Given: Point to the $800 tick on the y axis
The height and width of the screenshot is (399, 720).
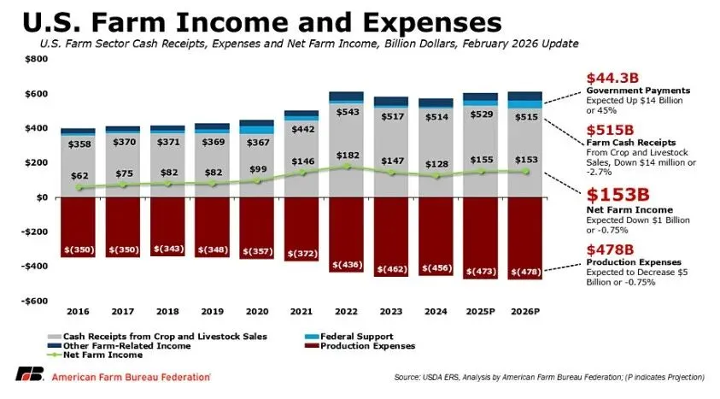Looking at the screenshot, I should [36, 59].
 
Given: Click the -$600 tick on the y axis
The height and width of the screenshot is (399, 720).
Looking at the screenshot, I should [34, 302].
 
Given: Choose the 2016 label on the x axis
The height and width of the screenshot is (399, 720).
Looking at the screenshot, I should [78, 313].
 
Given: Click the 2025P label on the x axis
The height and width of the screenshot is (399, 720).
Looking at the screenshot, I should [481, 313].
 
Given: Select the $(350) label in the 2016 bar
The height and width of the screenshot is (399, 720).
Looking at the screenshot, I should [78, 250].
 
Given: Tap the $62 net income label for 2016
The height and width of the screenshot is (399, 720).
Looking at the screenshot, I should [78, 174].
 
